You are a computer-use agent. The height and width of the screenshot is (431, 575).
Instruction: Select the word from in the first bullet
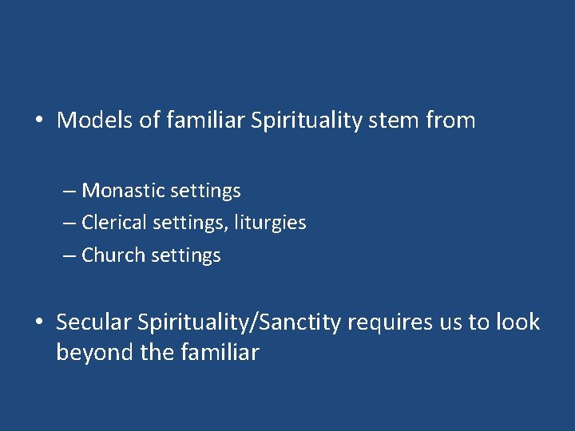coord(450,121)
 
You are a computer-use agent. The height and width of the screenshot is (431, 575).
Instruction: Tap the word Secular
coord(93,322)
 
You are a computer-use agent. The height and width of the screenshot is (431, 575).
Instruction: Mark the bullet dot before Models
coord(38,121)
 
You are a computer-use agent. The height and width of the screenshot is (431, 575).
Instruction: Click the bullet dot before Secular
coord(38,323)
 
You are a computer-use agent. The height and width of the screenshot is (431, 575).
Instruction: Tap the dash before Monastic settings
coord(69,192)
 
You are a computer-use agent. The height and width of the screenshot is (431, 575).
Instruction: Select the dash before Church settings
coord(69,256)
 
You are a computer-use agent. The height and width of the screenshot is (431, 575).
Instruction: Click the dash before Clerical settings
coord(69,223)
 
